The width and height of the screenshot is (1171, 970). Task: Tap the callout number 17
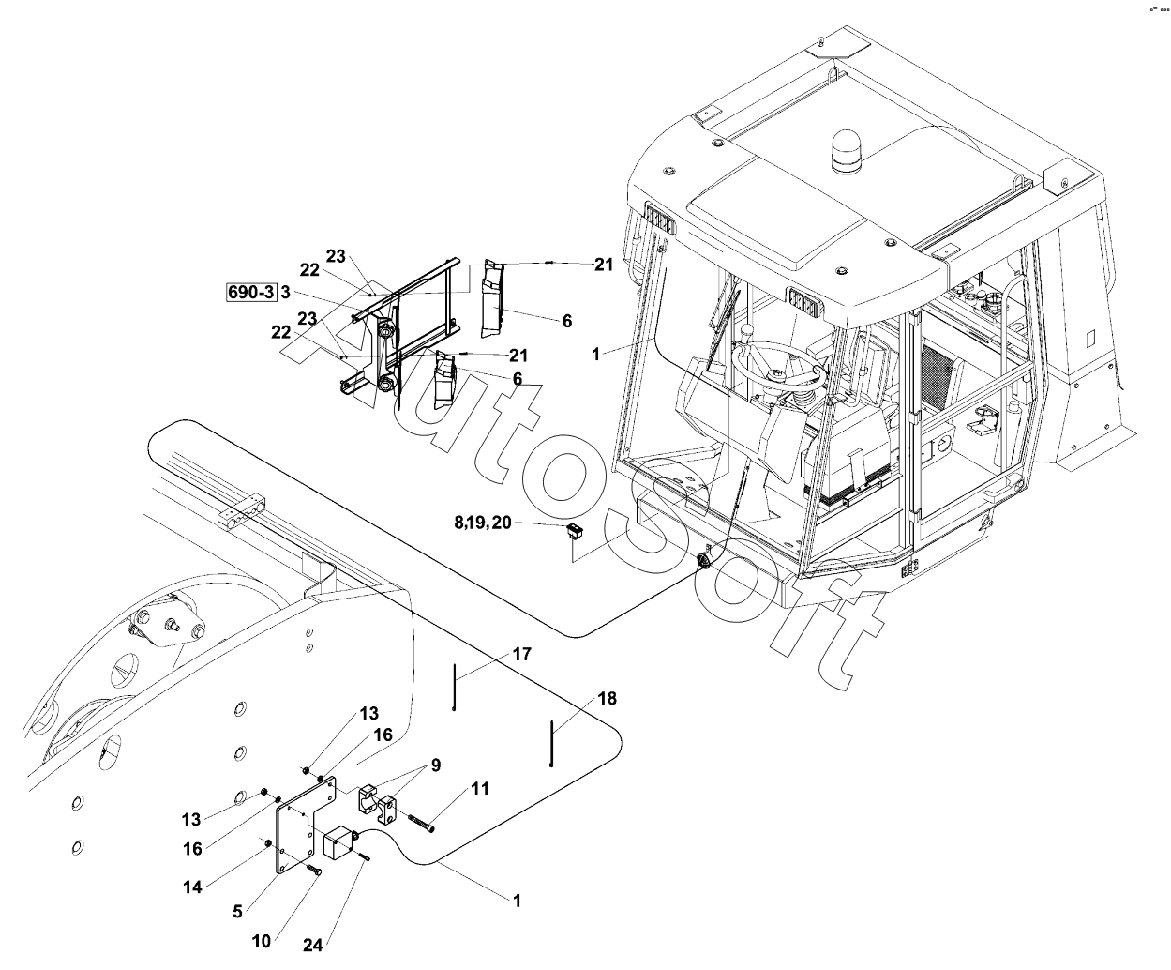[x=521, y=653]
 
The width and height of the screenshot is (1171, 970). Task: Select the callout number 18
[x=607, y=699]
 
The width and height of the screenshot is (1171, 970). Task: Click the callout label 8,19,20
[x=483, y=523]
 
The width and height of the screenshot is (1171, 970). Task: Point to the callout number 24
[x=312, y=945]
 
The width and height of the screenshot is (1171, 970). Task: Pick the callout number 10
[x=262, y=940]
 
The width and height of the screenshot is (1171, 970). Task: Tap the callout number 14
[x=192, y=887]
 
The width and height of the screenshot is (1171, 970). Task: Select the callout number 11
[x=479, y=789]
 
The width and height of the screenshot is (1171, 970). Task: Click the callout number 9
[x=435, y=765]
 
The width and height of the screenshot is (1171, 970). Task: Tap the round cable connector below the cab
[x=704, y=561]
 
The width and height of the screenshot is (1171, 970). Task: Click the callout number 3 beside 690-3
[x=284, y=293]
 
